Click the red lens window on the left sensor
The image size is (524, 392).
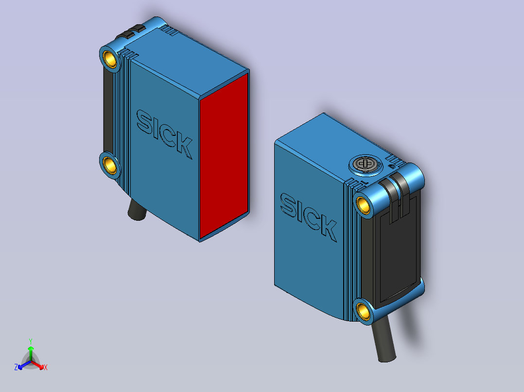pyautogui.click(x=224, y=155)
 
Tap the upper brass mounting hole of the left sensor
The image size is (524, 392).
pyautogui.click(x=110, y=59)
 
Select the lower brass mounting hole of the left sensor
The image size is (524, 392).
pyautogui.click(x=110, y=166)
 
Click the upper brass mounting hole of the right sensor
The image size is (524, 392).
pyautogui.click(x=363, y=204)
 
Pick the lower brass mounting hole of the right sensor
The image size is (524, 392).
pyautogui.click(x=363, y=310)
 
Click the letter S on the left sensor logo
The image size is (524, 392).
pyautogui.click(x=144, y=122)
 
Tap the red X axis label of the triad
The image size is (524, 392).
pyautogui.click(x=45, y=367)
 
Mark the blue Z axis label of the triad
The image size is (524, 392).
pyautogui.click(x=16, y=367)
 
